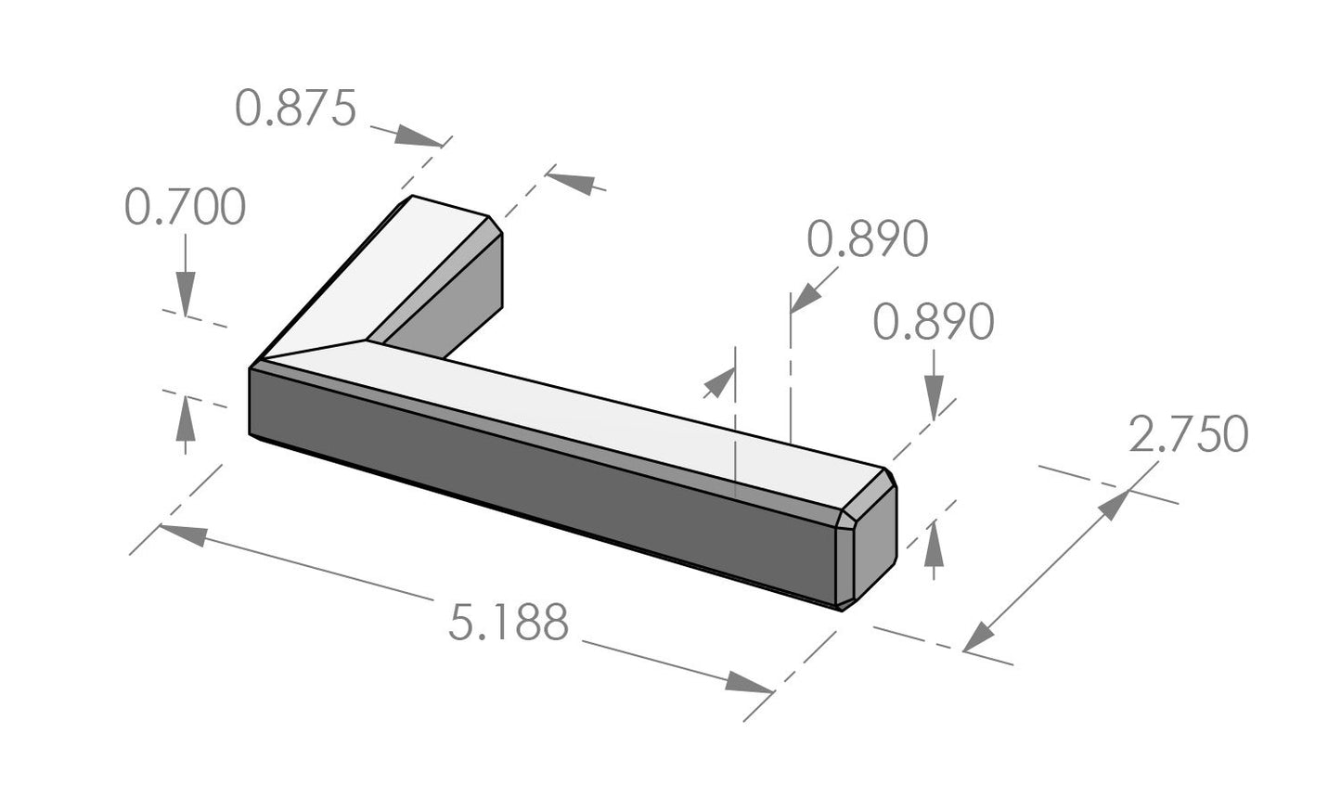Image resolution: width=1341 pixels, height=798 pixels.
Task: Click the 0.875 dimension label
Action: [x=295, y=109]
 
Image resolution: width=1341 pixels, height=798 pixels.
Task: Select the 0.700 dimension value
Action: [x=185, y=207]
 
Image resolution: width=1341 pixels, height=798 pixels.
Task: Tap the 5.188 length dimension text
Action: [x=508, y=623]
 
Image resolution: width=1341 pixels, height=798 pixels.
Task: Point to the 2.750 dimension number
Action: [x=1188, y=434]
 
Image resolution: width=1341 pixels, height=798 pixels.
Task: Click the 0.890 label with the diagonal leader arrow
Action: [x=867, y=239]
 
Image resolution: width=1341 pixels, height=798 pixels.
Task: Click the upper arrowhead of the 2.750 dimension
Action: [x=1113, y=506]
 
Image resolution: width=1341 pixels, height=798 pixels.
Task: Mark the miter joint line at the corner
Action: [x=311, y=351]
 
